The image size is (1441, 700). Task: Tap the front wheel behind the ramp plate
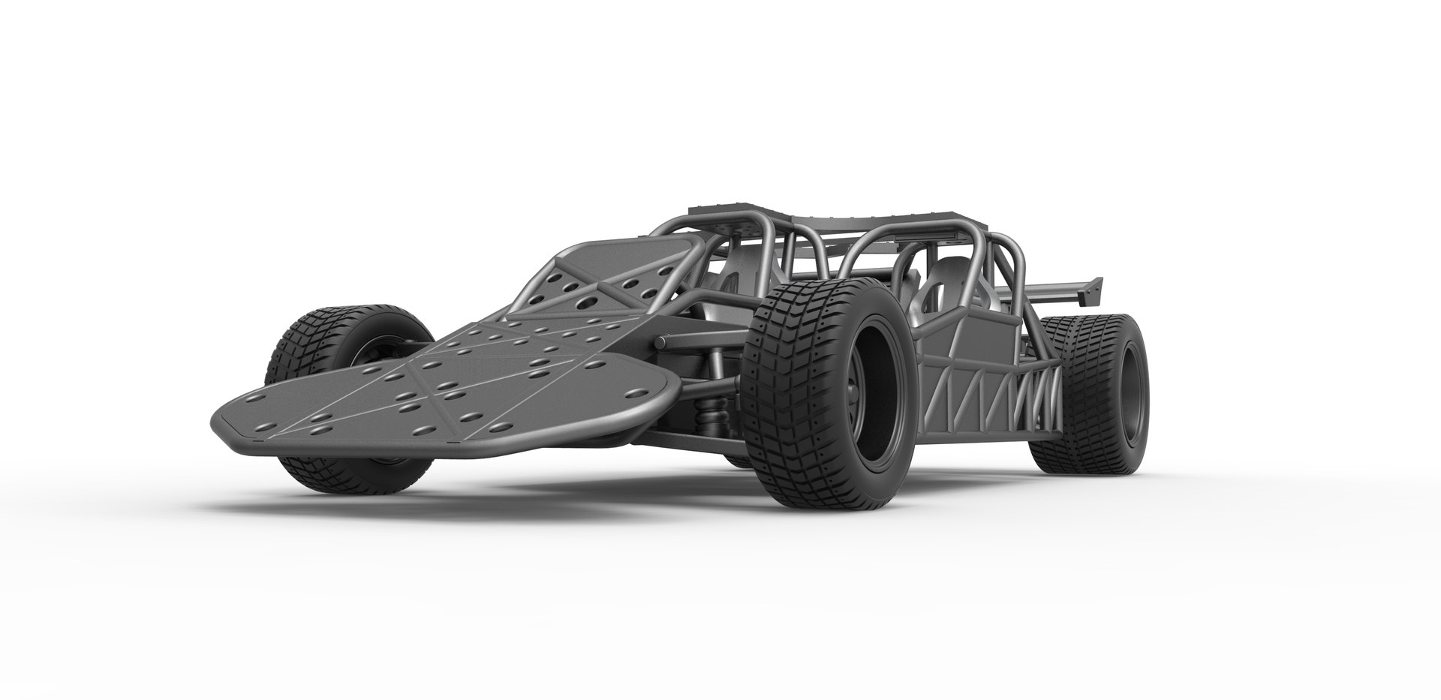click(330, 353)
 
